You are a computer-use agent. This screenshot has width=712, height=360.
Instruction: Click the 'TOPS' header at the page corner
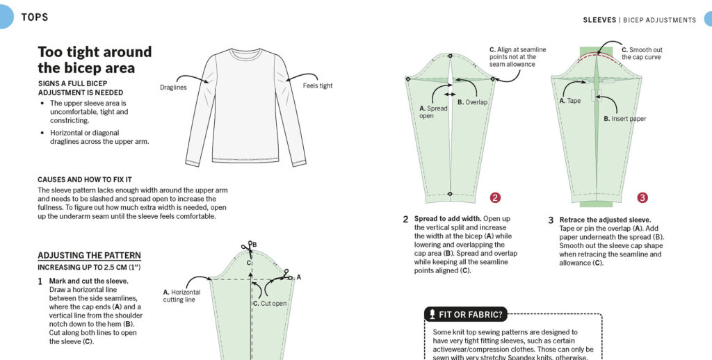point(35,17)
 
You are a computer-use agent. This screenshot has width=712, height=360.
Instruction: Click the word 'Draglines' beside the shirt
point(173,87)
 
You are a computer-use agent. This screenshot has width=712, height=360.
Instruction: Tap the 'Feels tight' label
point(317,85)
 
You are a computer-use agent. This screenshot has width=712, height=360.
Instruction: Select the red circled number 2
point(495,197)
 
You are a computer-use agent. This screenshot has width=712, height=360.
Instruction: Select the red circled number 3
point(642,197)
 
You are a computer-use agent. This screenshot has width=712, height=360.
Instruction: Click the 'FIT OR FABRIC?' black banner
point(465,314)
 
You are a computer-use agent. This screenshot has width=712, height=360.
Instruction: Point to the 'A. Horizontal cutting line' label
point(181,296)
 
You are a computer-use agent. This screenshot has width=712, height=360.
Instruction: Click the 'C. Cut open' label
point(270,303)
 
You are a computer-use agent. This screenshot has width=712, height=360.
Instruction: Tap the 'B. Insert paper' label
point(625,118)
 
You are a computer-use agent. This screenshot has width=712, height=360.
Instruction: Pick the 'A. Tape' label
point(570,101)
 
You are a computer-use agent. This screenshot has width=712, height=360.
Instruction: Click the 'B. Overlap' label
point(472,102)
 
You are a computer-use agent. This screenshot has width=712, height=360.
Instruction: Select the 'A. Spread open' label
point(433,112)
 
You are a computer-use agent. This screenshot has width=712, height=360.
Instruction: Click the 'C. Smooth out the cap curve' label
point(642,54)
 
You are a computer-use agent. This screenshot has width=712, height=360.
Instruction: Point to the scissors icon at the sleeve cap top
point(248,247)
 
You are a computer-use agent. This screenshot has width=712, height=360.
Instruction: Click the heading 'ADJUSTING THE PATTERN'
point(90,255)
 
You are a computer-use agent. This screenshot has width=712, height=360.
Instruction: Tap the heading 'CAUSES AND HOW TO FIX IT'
point(84,180)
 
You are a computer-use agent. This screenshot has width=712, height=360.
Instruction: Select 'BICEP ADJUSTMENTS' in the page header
point(659,20)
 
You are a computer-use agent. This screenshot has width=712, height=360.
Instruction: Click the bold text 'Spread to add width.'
point(448,219)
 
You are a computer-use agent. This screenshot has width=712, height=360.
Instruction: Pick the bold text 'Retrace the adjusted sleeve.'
point(605,220)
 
